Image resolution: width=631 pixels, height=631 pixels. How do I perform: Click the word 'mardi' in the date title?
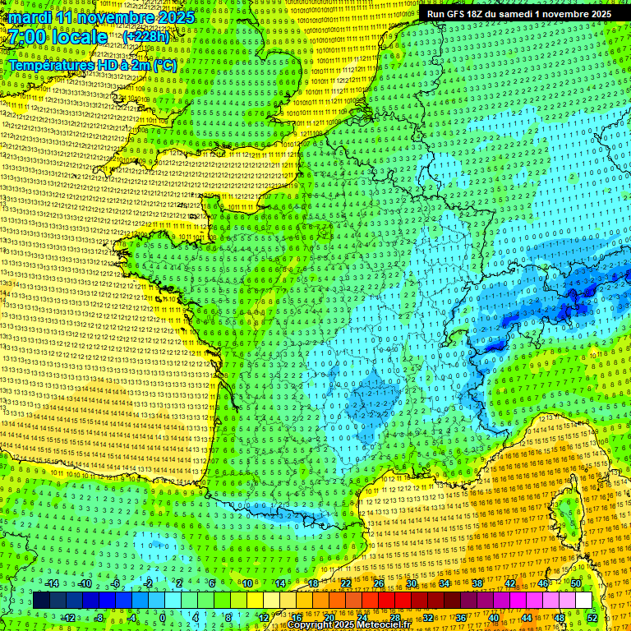tap(28, 17)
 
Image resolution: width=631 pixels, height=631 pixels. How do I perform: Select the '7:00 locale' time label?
tap(58, 37)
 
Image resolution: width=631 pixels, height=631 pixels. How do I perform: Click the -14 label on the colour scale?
tap(52, 584)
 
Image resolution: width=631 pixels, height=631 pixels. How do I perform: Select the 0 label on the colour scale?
tap(163, 617)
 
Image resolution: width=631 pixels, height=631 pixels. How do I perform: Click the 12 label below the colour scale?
tap(265, 617)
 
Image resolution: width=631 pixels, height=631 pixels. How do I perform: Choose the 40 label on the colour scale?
tap(493, 617)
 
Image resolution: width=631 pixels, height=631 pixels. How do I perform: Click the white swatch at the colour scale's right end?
tap(583, 601)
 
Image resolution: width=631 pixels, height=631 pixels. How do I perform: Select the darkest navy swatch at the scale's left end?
tap(41, 601)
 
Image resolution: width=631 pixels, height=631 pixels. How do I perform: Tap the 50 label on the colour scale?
tap(575, 584)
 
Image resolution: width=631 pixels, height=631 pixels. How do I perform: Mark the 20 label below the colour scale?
tap(329, 617)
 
